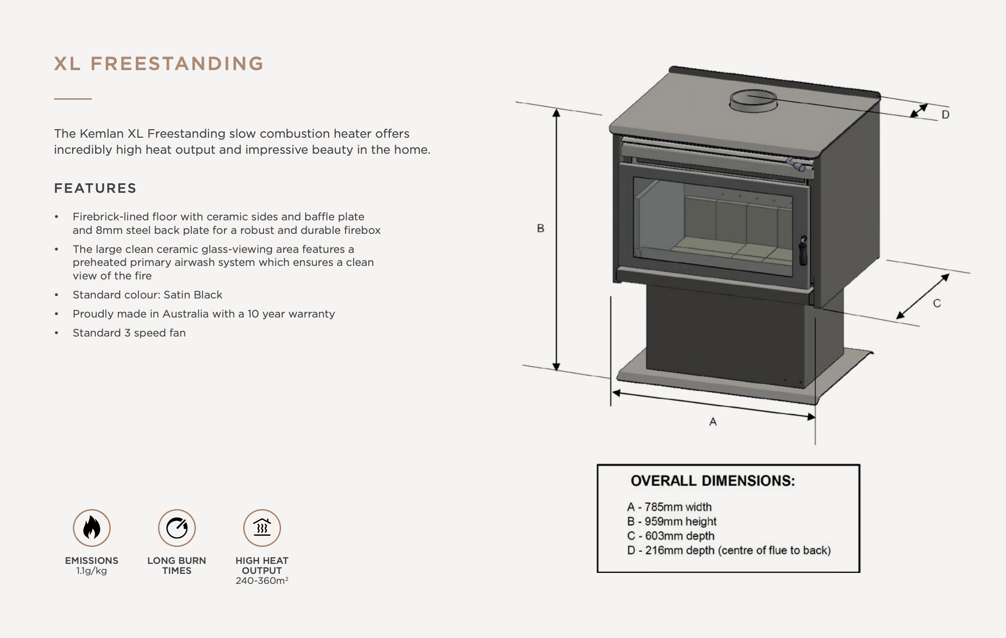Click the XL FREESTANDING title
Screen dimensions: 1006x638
tap(158, 64)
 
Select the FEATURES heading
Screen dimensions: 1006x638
tap(95, 188)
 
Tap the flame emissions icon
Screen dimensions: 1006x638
tap(92, 528)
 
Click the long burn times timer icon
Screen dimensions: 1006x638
tap(177, 528)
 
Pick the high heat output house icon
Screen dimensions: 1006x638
tap(262, 528)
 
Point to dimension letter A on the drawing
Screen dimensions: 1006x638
tap(713, 422)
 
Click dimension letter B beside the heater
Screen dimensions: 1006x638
tap(541, 228)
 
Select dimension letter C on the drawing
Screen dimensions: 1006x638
tap(937, 303)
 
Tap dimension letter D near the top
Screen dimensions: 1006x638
tap(945, 115)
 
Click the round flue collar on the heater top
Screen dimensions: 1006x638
tap(753, 101)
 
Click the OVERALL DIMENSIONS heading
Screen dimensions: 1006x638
tap(712, 481)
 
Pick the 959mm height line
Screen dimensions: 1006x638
tap(672, 521)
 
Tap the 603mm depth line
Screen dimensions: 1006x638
tap(671, 536)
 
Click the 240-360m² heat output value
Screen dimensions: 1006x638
tap(262, 581)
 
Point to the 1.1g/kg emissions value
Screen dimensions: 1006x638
tap(92, 571)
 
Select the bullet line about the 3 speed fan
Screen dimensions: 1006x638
tap(129, 333)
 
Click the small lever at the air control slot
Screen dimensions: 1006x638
tap(795, 164)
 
